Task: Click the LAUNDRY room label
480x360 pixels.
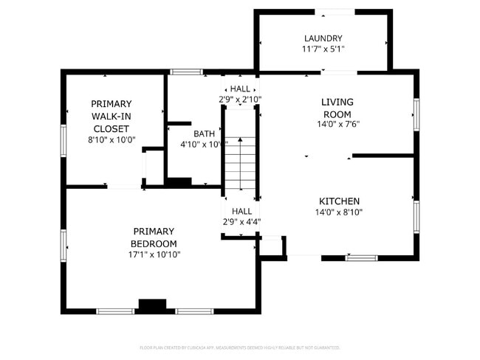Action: click(x=323, y=38)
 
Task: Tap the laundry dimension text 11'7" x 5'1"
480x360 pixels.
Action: click(x=323, y=49)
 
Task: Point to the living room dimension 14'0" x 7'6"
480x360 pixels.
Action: click(x=337, y=125)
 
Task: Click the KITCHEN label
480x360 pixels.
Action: click(x=339, y=201)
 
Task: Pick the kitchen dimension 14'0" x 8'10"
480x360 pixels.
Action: click(x=339, y=212)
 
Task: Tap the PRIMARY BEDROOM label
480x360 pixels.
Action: click(x=154, y=238)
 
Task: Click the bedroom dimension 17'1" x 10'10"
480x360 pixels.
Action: click(x=154, y=255)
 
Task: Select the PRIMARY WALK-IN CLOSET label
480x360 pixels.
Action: click(x=111, y=116)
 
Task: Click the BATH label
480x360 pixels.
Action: click(x=205, y=134)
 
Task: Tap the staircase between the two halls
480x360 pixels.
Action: click(x=241, y=163)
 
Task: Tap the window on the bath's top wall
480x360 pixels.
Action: click(x=186, y=72)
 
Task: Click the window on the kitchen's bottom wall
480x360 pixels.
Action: click(x=361, y=257)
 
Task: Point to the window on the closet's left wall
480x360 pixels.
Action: click(x=64, y=140)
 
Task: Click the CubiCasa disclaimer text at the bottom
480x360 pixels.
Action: click(x=239, y=347)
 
